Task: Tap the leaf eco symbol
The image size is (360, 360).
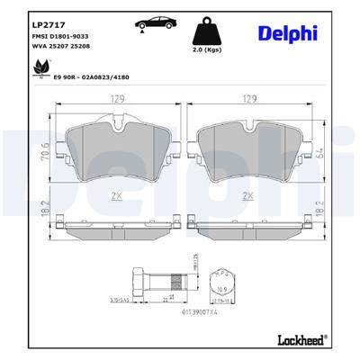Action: coord(39,67)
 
